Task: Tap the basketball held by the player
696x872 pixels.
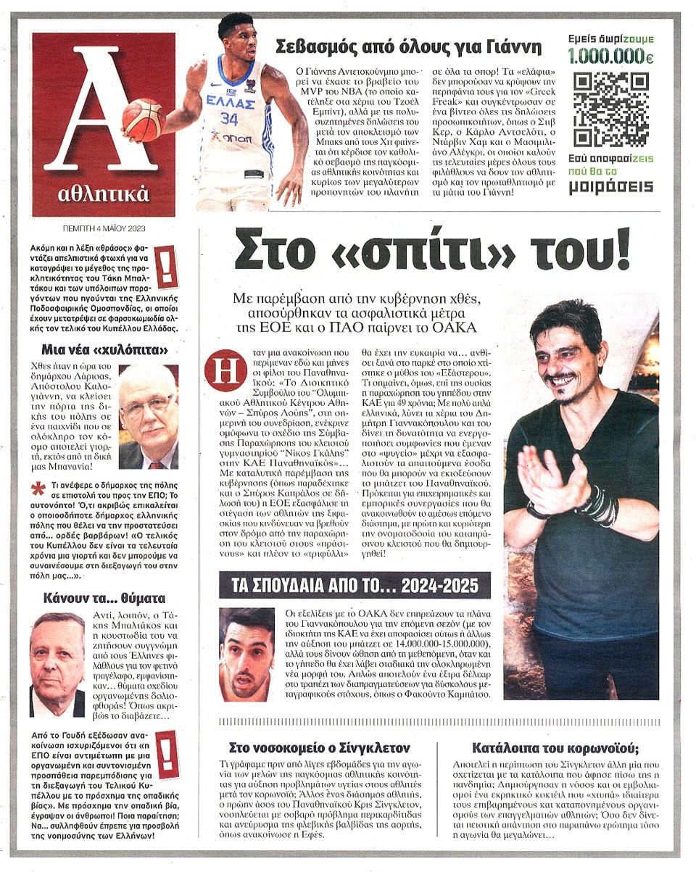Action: pyautogui.click(x=143, y=118)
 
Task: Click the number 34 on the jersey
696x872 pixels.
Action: pyautogui.click(x=229, y=118)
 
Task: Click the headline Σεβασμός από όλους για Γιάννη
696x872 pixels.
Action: pyautogui.click(x=409, y=48)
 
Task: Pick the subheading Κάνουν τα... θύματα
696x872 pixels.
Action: pyautogui.click(x=104, y=599)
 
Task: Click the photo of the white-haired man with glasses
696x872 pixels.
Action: pyautogui.click(x=147, y=416)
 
